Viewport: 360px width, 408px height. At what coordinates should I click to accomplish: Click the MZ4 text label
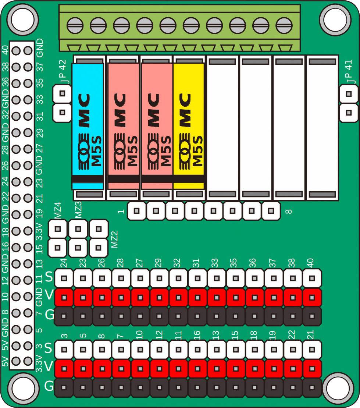57,213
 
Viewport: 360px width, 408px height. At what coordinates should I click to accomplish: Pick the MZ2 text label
114,240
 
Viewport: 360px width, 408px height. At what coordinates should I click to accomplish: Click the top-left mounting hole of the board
23,19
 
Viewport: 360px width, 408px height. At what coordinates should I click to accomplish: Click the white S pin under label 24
64,278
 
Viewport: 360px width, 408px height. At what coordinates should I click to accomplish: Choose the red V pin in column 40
312,297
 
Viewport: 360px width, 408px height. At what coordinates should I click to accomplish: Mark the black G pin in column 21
312,388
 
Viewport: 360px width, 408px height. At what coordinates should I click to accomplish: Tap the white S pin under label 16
197,350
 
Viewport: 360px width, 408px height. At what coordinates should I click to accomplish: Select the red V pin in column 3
64,369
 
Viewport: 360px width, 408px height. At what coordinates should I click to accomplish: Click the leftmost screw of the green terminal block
75,26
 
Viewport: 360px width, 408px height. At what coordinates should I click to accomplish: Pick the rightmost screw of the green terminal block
284,26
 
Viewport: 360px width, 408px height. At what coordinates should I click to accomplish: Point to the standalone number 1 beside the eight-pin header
120,212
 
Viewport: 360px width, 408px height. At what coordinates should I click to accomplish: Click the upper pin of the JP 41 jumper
348,94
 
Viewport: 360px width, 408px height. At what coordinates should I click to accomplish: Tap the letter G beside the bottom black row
49,387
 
